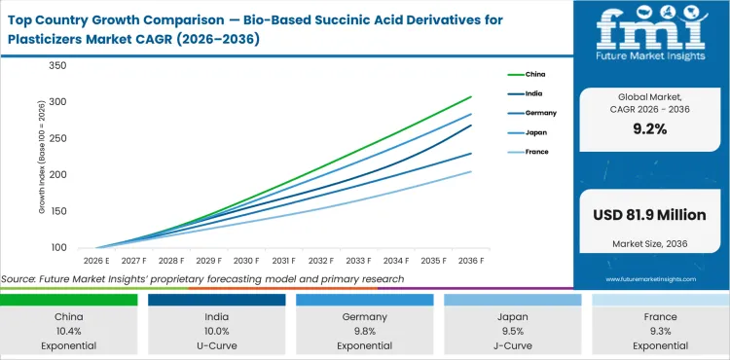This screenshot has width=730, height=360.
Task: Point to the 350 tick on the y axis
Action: click(56, 66)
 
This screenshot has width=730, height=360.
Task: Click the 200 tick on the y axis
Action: click(56, 175)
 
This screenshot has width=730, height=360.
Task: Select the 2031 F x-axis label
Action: click(284, 261)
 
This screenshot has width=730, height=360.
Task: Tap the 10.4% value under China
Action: click(68, 330)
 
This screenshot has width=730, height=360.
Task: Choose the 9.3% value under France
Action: click(660, 330)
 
